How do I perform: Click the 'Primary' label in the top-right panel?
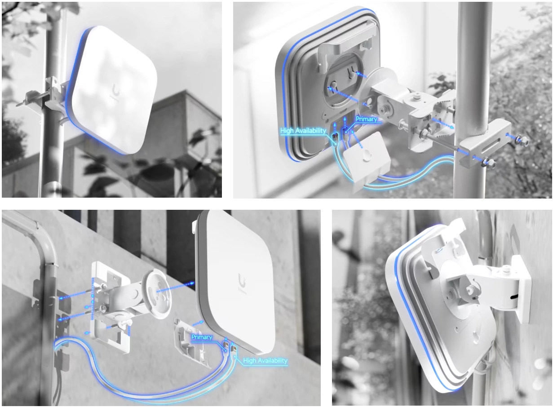[367, 119]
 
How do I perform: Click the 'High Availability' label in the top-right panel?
[303, 131]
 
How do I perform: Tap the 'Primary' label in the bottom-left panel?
[202, 337]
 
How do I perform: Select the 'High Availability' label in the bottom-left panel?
[265, 361]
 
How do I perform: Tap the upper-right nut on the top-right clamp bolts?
[525, 141]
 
